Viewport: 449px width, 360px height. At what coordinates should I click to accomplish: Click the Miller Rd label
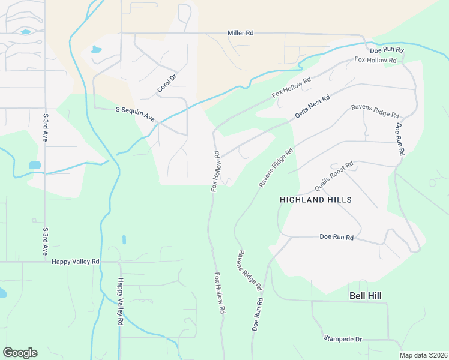[x=240, y=34]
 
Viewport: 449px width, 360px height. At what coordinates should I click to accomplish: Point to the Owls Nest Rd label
[x=312, y=106]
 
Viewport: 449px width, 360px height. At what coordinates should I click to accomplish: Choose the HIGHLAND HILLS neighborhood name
[x=315, y=199]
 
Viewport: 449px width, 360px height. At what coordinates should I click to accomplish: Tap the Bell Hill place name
[x=366, y=296]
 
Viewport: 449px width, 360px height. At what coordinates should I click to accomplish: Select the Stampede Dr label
[x=343, y=339]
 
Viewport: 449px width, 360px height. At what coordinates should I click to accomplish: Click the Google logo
[x=20, y=353]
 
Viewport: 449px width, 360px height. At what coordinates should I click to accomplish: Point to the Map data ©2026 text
[x=423, y=355]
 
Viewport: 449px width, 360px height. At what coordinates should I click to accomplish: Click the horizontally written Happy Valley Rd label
[x=76, y=262]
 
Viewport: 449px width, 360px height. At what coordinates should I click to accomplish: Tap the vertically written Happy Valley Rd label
[x=120, y=301]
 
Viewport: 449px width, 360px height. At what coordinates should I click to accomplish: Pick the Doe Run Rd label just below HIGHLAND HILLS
[x=336, y=238]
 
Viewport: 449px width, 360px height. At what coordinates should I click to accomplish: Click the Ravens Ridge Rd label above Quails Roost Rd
[x=375, y=111]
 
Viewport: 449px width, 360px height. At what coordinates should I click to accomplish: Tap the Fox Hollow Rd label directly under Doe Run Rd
[x=376, y=60]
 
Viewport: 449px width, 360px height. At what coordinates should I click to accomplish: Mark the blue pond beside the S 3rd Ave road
[x=35, y=165]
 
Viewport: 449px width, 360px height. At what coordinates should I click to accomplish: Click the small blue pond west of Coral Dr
[x=97, y=50]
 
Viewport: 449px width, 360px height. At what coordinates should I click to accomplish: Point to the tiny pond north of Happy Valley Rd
[x=124, y=239]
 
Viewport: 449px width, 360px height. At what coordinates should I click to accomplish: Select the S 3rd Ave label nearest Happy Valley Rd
[x=45, y=241]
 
